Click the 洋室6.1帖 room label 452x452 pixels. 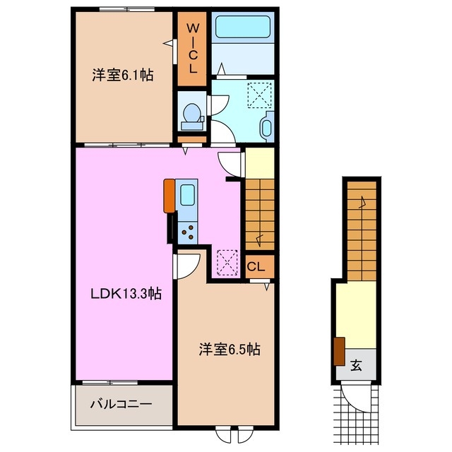tap(123, 76)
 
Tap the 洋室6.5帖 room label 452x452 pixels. tap(230, 349)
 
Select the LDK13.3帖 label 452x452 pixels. tap(126, 294)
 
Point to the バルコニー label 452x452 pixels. tap(121, 404)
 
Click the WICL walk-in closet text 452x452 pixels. tap(193, 49)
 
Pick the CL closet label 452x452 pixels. tap(256, 267)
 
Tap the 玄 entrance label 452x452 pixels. tap(356, 366)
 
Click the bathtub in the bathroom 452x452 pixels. tap(243, 27)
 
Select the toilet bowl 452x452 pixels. tap(191, 113)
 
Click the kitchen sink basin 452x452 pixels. tap(187, 195)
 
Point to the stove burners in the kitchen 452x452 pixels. tap(187, 232)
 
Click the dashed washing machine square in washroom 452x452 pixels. tap(259, 95)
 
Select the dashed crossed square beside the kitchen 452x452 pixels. tap(227, 263)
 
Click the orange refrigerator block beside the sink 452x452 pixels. tap(169, 196)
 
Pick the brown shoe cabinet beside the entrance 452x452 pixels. tap(339, 352)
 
